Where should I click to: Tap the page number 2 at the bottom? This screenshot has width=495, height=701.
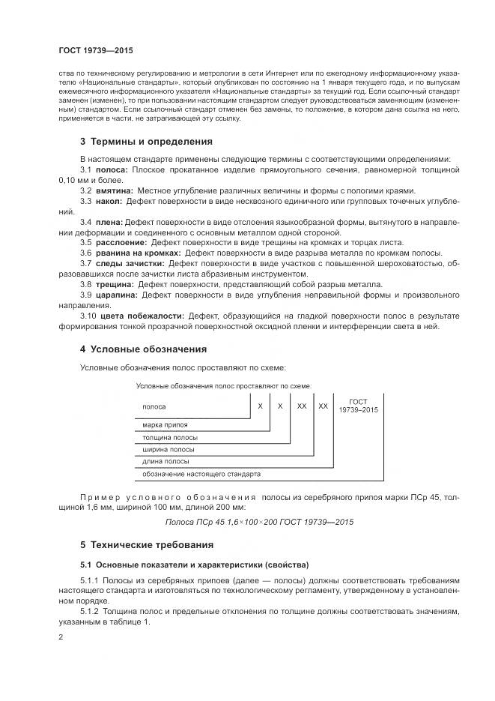click(x=61, y=637)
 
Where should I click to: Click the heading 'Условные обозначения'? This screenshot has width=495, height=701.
click(x=148, y=349)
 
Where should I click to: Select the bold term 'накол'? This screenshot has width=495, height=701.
click(x=110, y=202)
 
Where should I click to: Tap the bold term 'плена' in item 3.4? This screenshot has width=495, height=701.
click(x=109, y=223)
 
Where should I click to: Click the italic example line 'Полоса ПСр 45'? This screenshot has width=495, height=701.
click(x=259, y=521)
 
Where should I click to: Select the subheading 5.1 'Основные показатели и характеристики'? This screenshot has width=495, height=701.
click(x=195, y=564)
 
